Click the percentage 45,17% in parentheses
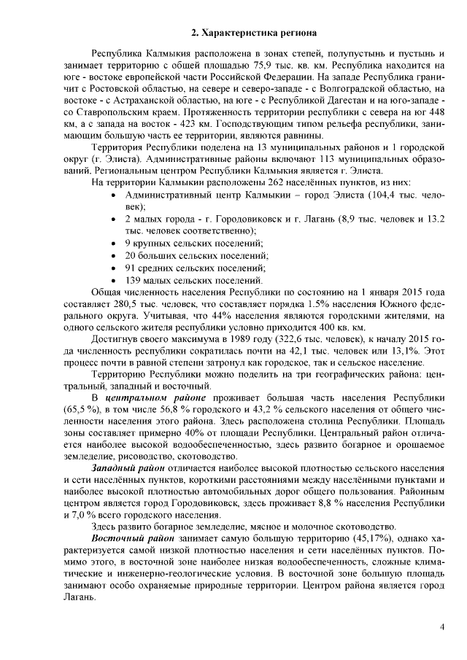[333, 539]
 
